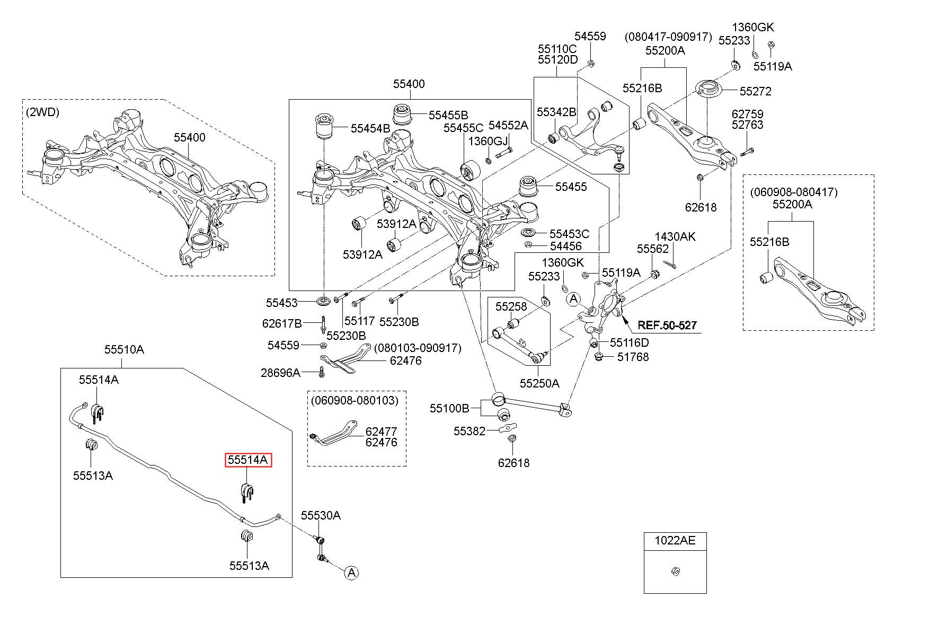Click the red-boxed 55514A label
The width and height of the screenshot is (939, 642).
248,460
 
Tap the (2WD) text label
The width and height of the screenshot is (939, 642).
42,112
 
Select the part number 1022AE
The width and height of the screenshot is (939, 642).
675,541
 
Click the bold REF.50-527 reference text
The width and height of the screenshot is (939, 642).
667,325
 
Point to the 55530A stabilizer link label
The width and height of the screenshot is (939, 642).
321,515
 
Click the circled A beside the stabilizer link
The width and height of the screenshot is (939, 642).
351,573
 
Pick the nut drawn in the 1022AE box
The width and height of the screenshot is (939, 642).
675,571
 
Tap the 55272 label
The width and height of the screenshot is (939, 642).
756,91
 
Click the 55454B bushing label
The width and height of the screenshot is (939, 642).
370,128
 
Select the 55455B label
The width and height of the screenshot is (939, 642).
448,115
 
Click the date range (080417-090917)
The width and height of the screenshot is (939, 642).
668,37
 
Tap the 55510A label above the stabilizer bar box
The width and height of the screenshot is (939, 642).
124,349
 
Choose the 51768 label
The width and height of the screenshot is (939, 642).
633,357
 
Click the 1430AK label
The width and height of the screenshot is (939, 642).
675,236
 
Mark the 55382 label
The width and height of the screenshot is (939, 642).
469,431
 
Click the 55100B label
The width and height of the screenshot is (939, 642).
449,408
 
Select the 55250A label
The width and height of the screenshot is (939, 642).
539,383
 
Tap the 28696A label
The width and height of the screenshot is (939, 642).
280,373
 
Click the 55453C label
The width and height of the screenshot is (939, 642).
569,234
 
